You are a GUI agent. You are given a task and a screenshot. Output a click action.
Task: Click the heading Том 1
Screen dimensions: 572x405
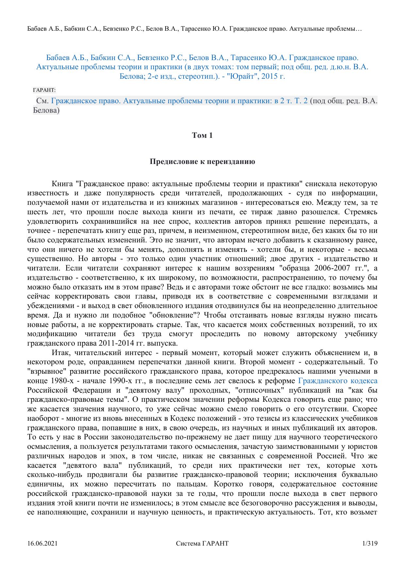202,135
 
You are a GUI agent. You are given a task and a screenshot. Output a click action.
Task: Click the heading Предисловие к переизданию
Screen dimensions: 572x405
202,162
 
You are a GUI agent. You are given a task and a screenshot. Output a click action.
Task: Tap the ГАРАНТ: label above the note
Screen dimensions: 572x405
44,90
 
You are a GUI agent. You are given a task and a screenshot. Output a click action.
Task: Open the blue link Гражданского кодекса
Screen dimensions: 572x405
338,381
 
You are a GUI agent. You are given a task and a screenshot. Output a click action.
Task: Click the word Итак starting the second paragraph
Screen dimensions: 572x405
61,353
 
